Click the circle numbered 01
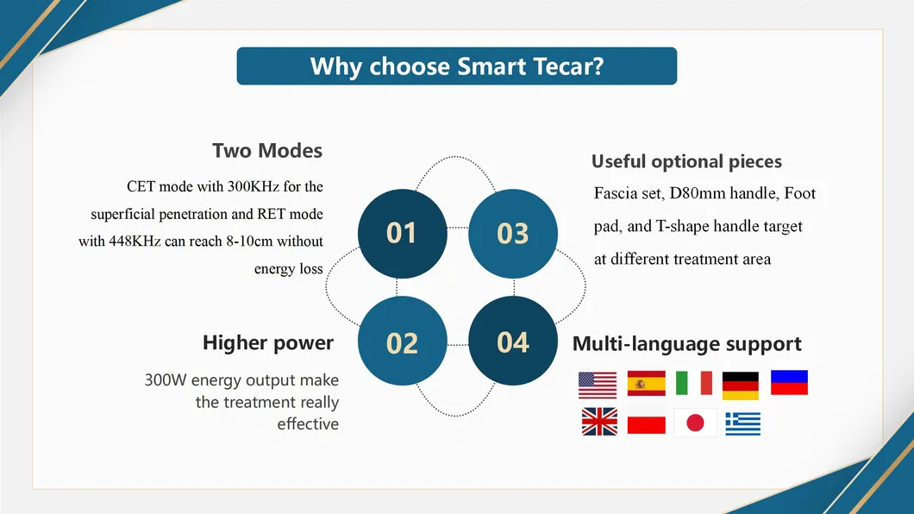click(x=402, y=234)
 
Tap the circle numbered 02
click(x=402, y=341)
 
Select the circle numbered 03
click(x=513, y=234)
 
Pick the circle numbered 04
click(x=513, y=341)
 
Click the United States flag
click(x=598, y=385)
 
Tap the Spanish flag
click(x=647, y=384)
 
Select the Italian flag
click(x=693, y=384)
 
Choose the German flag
click(x=741, y=385)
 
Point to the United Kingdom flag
click(x=599, y=422)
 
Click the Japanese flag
click(x=695, y=423)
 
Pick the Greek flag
click(x=743, y=423)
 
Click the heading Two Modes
click(x=267, y=150)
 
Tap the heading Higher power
click(x=268, y=342)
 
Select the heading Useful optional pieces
click(x=686, y=161)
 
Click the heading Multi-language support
click(x=686, y=344)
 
